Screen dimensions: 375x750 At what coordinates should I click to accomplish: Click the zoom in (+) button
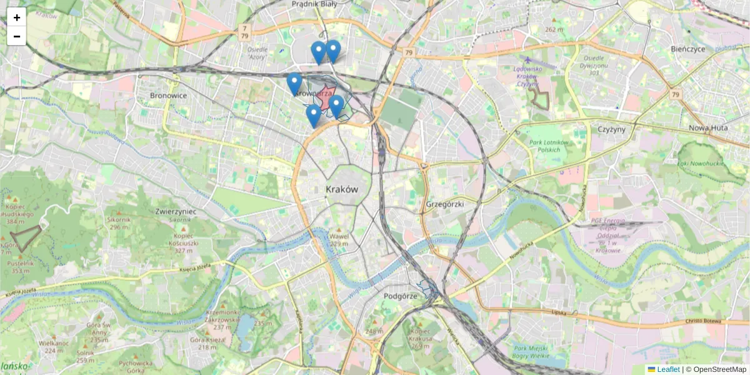coord(17,17)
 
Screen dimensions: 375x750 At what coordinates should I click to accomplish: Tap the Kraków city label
coord(342,189)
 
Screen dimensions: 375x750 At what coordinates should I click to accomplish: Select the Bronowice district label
coord(168,96)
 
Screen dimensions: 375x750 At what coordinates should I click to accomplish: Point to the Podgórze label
coord(400,296)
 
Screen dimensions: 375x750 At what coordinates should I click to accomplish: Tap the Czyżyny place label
coord(611,129)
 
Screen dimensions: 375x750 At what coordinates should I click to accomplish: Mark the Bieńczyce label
coord(687,49)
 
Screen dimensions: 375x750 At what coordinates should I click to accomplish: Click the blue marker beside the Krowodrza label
coord(294,84)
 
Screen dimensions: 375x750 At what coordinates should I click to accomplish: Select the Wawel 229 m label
coord(338,240)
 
